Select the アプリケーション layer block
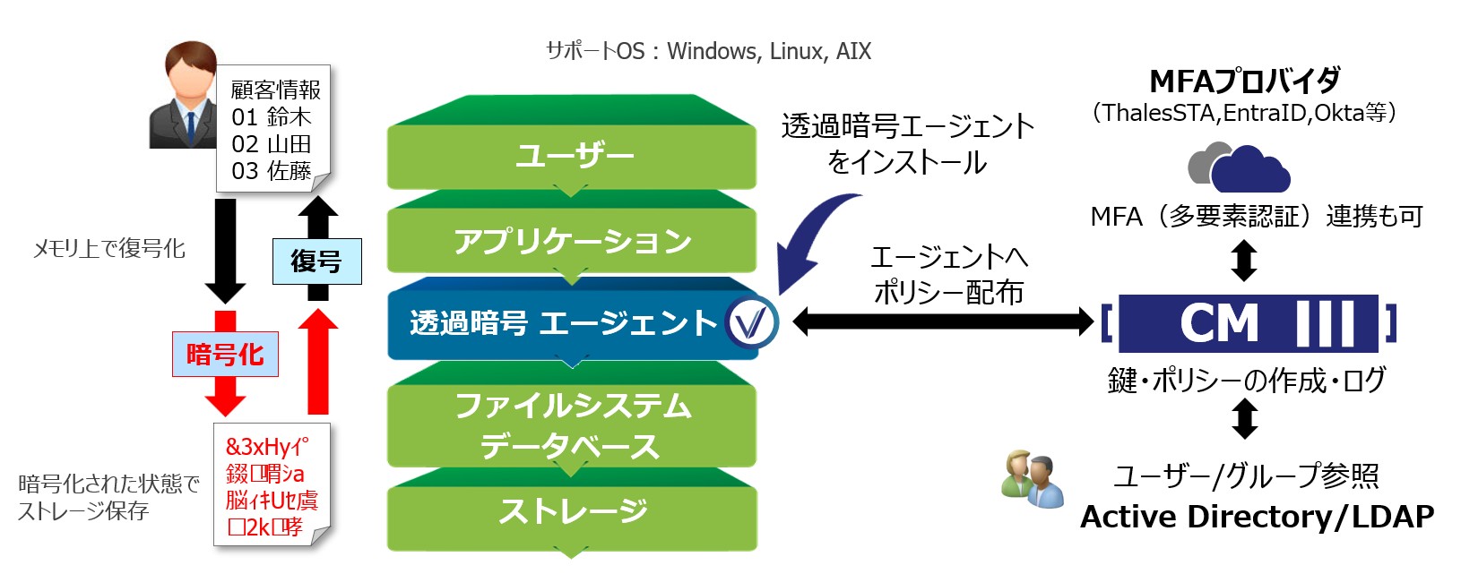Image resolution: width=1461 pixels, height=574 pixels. pos(572,240)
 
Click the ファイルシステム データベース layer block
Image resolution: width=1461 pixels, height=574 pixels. pos(572,424)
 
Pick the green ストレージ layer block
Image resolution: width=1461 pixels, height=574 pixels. pos(572,512)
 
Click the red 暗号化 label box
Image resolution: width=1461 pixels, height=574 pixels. pos(225,355)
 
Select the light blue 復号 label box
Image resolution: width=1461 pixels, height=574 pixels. pos(316,261)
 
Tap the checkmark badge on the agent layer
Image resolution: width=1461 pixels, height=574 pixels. pos(751,322)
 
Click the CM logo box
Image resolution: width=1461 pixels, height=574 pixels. pos(1248,323)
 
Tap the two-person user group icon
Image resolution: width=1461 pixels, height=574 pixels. pos(1033,479)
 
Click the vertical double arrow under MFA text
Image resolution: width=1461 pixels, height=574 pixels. pos(1244,261)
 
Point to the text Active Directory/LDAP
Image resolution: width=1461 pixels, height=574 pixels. pos(1257,517)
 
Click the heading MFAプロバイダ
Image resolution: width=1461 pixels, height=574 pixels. pos(1244,81)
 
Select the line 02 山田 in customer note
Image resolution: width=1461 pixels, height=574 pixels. pos(271,144)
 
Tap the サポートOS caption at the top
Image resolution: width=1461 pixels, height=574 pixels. pos(708,51)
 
